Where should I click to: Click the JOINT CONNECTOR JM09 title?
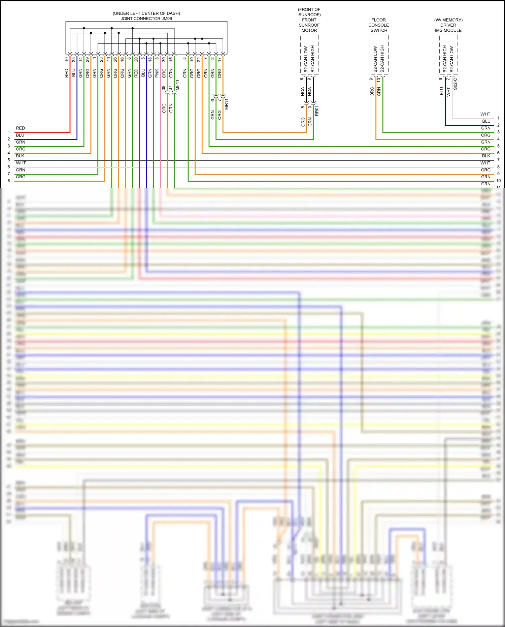(146, 19)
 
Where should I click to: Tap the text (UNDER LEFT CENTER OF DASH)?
(146, 13)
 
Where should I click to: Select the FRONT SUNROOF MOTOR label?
(309, 25)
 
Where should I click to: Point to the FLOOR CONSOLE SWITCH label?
(379, 25)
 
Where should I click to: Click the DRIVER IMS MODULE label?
(448, 28)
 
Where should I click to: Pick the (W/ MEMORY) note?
(448, 20)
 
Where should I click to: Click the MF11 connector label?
(177, 85)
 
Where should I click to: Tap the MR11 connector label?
(227, 104)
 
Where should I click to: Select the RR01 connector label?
(317, 111)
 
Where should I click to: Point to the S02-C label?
(455, 84)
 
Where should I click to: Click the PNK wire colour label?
(157, 73)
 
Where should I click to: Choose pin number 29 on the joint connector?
(88, 59)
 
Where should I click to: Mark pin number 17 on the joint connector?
(220, 59)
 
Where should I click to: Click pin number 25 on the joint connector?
(74, 59)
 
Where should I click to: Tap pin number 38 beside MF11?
(164, 88)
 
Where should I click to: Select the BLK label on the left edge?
(20, 156)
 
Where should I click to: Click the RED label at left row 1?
(20, 128)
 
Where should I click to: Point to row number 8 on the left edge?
(9, 181)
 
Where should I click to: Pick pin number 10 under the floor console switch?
(379, 80)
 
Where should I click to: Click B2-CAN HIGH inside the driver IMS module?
(445, 59)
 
